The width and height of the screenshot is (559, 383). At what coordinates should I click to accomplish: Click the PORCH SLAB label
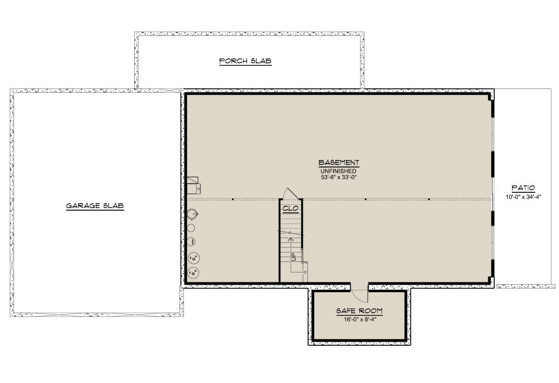pos(245,61)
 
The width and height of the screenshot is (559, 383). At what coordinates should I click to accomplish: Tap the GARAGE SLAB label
pos(95,206)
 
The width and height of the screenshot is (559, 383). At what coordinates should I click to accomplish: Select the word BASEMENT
pos(339,163)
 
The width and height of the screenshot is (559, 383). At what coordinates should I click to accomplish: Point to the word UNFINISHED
pos(338,171)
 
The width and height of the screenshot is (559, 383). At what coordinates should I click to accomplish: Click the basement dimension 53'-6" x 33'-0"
pos(338,178)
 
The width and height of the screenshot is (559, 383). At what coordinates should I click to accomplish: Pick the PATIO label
pos(523,188)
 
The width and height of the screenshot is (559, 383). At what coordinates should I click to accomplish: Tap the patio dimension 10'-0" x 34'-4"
pos(523,197)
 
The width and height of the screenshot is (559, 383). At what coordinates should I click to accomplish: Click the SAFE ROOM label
pos(359,311)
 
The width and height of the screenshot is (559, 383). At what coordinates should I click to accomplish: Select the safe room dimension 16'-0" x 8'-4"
pos(360,320)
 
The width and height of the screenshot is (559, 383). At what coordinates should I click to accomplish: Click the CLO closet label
pos(291,208)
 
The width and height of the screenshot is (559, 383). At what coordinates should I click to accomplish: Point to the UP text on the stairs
pos(294,257)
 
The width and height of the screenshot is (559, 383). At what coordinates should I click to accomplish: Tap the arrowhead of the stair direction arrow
pos(291,239)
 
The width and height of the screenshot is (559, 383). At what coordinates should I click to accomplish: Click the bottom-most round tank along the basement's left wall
pos(193,273)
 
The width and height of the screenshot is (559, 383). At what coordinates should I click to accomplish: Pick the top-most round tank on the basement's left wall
pos(192,214)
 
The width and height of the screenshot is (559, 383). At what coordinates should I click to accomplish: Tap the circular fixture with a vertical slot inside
pos(191,241)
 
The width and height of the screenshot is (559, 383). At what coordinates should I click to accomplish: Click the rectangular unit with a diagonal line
pos(193,180)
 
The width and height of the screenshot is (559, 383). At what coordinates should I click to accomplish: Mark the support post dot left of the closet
pos(233,199)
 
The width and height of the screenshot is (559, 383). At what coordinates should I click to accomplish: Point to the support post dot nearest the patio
pos(429,199)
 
